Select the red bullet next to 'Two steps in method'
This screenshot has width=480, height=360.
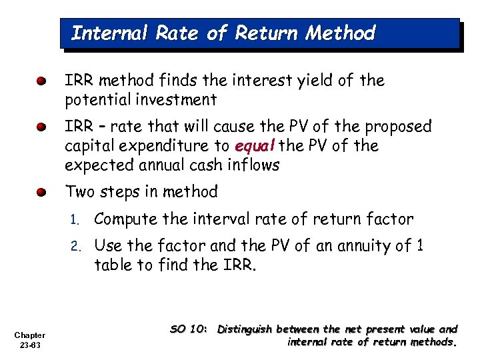click(42, 193)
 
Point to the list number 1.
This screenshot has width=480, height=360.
click(76, 219)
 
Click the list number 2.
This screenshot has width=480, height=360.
click(76, 247)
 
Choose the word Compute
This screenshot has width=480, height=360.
click(125, 219)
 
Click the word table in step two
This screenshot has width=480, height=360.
click(112, 265)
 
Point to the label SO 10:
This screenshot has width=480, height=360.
click(190, 329)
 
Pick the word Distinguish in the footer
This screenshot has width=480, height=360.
click(245, 329)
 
